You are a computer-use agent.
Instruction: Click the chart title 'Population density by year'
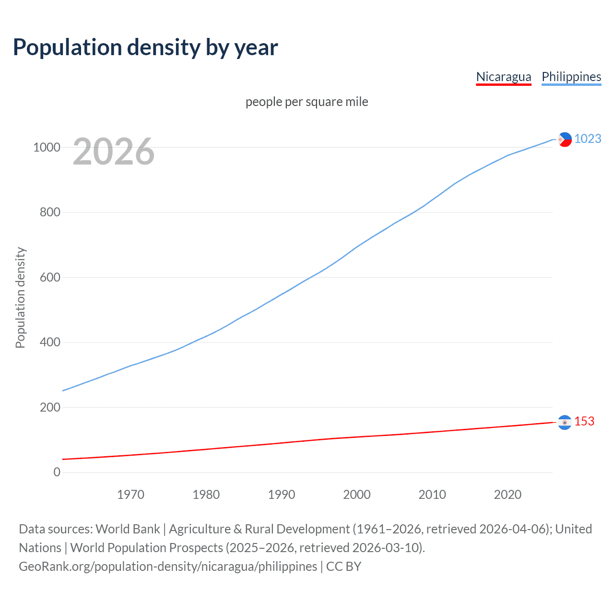pyautogui.click(x=145, y=47)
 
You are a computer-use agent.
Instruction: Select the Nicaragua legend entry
pyautogui.click(x=503, y=77)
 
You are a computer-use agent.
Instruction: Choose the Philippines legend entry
pyautogui.click(x=571, y=77)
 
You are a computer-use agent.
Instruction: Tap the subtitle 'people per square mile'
pyautogui.click(x=307, y=102)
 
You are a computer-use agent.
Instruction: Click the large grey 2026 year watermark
pyautogui.click(x=114, y=152)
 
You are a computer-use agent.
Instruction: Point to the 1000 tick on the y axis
pyautogui.click(x=47, y=147)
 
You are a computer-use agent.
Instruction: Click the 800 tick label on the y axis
pyautogui.click(x=50, y=212)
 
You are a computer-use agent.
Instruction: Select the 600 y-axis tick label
pyautogui.click(x=50, y=277)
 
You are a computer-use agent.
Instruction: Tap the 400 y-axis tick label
pyautogui.click(x=50, y=342)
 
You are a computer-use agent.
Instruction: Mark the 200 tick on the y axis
pyautogui.click(x=50, y=407)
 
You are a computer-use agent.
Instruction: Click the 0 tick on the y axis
pyautogui.click(x=57, y=472)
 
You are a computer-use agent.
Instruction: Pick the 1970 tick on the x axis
pyautogui.click(x=130, y=495)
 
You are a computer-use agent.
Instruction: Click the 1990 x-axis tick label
pyautogui.click(x=282, y=495)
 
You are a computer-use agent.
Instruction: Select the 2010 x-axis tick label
pyautogui.click(x=432, y=495)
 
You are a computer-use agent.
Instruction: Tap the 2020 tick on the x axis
pyautogui.click(x=508, y=495)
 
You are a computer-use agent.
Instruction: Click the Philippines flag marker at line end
pyautogui.click(x=565, y=140)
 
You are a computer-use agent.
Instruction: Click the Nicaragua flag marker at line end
pyautogui.click(x=565, y=422)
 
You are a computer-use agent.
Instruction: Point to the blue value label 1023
pyautogui.click(x=588, y=139)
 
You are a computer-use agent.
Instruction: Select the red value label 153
pyautogui.click(x=584, y=421)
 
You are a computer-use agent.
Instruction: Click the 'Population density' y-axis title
pyautogui.click(x=20, y=297)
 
